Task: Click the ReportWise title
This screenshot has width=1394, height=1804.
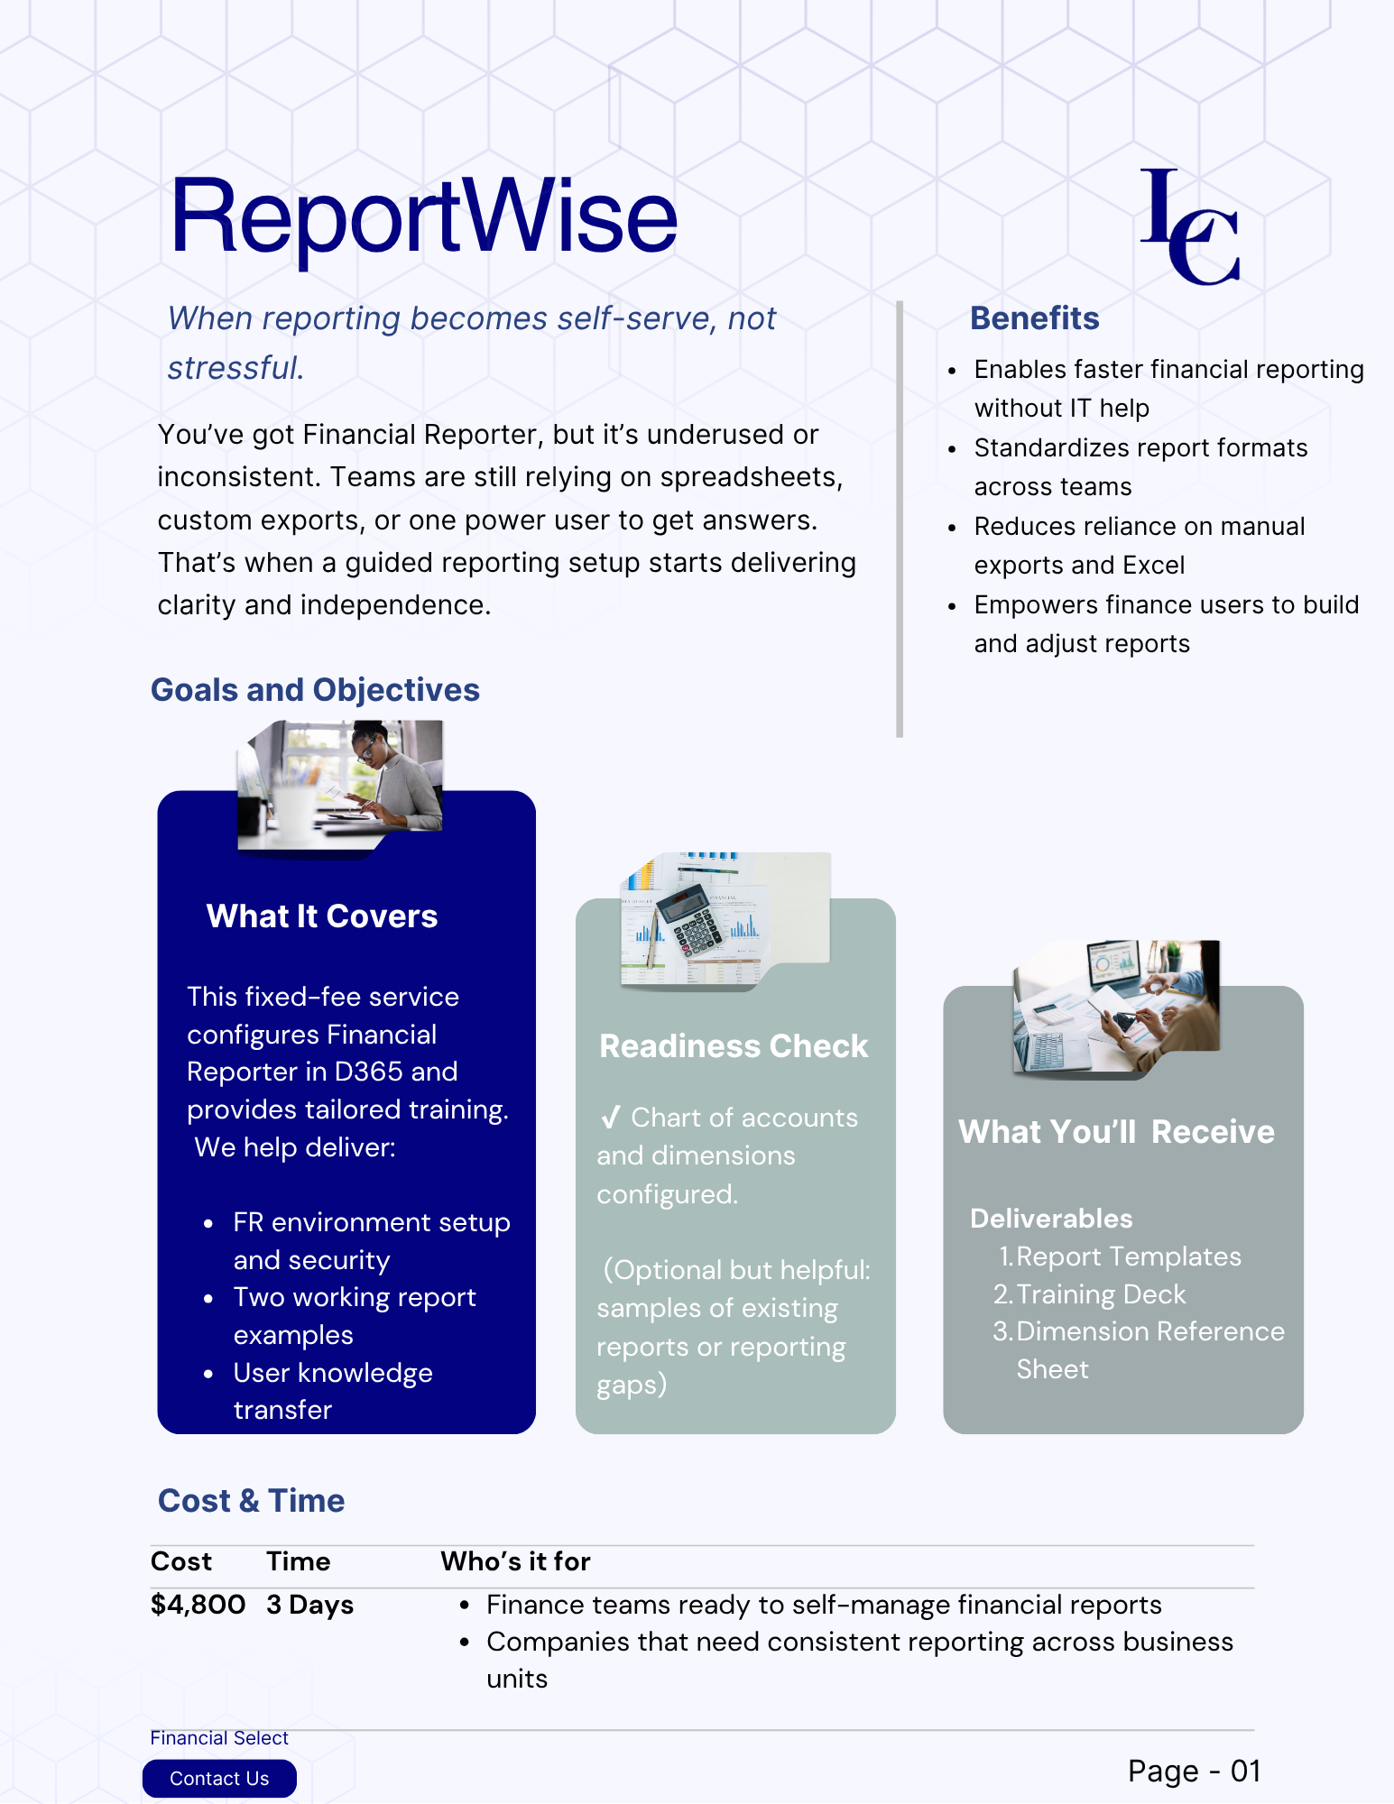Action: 423,217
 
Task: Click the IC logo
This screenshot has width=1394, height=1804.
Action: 1189,227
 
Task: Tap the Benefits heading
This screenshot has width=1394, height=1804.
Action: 1034,318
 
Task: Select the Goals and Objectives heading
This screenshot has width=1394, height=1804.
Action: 315,690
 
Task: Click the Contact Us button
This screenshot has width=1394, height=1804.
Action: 219,1778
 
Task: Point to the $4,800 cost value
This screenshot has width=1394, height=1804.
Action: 198,1605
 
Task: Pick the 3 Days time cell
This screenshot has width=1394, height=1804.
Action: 309,1605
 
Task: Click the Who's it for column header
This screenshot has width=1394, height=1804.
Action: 515,1561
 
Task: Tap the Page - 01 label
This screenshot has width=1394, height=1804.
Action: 1193,1771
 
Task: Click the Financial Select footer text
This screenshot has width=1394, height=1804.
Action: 219,1738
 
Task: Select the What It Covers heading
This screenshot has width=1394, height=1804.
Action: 322,916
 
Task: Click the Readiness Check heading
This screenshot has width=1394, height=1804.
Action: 734,1046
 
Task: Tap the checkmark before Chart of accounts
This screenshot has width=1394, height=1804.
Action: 611,1118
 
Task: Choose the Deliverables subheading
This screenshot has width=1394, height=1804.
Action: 1051,1219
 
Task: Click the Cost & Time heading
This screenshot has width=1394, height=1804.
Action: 251,1501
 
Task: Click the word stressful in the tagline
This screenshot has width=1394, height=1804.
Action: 235,368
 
